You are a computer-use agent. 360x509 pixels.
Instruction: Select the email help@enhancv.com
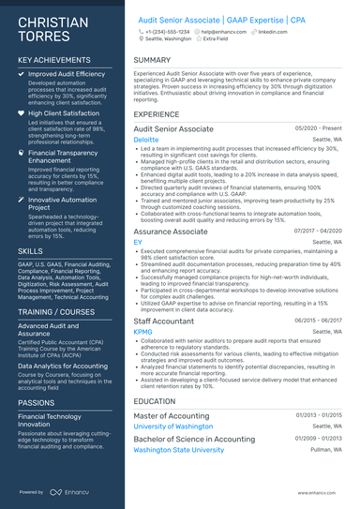point(220,31)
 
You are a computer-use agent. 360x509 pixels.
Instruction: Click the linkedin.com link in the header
point(271,31)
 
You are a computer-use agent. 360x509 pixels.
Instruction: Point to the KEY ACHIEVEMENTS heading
point(54,60)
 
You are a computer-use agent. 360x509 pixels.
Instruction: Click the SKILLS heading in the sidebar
point(30,252)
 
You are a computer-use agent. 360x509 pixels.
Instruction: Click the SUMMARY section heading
point(153,60)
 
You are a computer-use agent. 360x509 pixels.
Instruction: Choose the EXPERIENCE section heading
point(157,114)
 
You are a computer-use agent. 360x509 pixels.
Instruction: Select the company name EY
point(138,242)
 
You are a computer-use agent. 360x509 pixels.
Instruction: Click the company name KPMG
point(142,331)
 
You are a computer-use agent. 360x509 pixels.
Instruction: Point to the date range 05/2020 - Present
point(318,127)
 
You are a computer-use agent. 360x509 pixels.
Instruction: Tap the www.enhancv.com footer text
point(323,490)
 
